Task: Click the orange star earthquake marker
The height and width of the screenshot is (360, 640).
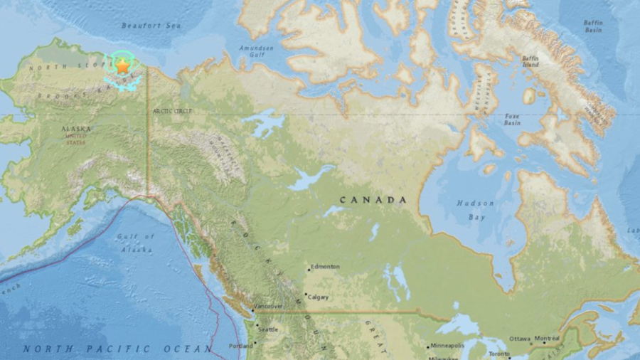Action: [122, 66]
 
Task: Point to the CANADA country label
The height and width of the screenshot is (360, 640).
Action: [373, 200]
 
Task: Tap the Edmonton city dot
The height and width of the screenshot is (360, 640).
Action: [309, 270]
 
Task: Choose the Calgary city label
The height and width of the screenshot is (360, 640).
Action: [319, 297]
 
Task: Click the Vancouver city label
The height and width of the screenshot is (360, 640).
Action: [270, 307]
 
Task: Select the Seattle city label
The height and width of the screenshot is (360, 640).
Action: [268, 329]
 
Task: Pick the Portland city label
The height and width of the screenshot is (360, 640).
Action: [240, 346]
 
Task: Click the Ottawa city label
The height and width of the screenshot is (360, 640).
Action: [520, 339]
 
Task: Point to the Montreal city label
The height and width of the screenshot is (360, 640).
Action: [547, 339]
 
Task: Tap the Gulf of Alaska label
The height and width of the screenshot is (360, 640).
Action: [137, 243]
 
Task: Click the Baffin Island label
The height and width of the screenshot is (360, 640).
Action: [530, 61]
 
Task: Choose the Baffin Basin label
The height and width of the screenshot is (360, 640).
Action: [593, 27]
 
